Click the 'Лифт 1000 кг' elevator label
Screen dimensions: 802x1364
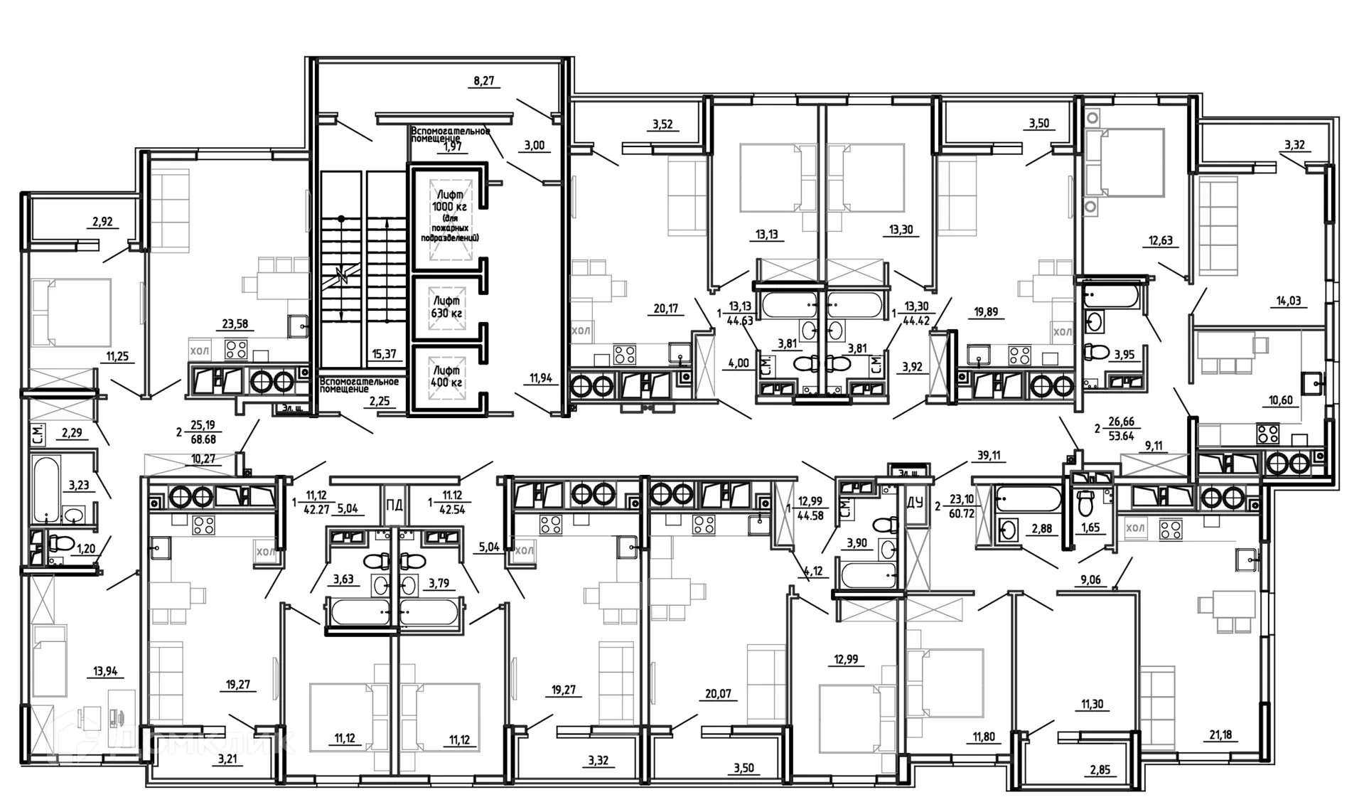(449, 200)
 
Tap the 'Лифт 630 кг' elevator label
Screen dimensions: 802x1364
(447, 307)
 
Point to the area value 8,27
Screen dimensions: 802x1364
(483, 81)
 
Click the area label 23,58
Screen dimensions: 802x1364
(235, 324)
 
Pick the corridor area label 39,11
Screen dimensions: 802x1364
(988, 456)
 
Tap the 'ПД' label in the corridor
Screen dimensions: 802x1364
(394, 506)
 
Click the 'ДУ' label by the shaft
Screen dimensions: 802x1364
(915, 503)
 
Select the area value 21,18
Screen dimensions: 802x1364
(1220, 734)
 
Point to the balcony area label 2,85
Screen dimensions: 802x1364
(1100, 770)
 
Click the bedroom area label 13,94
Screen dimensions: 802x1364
(105, 671)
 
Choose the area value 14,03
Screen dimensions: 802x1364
(1288, 301)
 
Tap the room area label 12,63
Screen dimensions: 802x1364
(1160, 241)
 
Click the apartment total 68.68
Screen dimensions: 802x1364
(203, 440)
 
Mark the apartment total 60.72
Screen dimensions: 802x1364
(961, 513)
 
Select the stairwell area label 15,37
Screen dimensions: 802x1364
(384, 353)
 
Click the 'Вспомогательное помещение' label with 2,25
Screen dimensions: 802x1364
(359, 385)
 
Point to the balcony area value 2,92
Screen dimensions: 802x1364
(102, 222)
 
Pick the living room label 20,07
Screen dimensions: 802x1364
(718, 694)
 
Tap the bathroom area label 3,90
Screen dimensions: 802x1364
(856, 543)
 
